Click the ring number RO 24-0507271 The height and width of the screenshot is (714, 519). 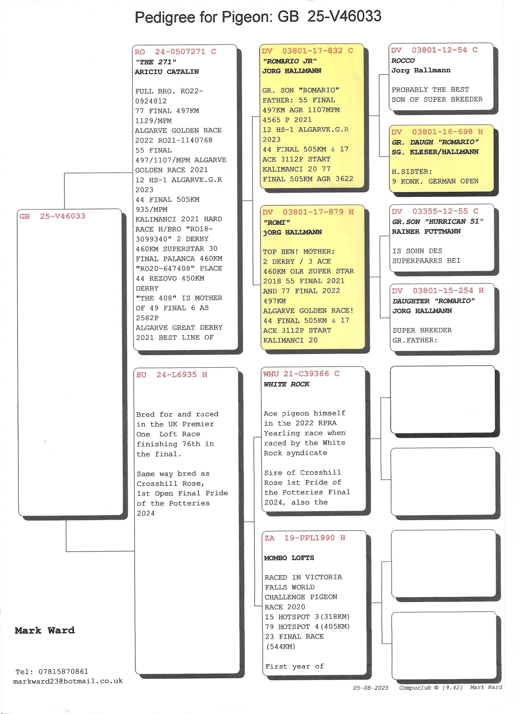coord(175,52)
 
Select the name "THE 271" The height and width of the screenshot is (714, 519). coord(156,62)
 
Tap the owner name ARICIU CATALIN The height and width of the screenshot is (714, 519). coord(167,72)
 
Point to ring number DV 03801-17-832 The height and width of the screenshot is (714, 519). coord(307,51)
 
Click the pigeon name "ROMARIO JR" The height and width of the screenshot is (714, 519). coord(289,61)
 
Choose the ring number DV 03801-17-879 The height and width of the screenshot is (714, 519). coord(308,212)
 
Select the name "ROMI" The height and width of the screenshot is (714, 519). coord(276,222)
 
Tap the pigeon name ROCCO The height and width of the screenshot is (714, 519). coord(403,61)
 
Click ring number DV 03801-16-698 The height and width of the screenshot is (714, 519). coord(437,132)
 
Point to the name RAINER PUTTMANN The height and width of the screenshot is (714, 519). coord(426,231)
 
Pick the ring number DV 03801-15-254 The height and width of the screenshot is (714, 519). coord(438,291)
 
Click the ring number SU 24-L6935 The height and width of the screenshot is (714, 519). coord(172,375)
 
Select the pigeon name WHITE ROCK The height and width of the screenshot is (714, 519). coord(286,384)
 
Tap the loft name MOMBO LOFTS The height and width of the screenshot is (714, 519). coord(289,558)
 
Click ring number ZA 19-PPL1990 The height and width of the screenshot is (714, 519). coord(305,538)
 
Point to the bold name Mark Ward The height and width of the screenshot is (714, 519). coord(45,631)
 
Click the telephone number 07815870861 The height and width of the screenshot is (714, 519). coord(63,672)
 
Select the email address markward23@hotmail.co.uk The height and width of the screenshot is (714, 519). coord(68,681)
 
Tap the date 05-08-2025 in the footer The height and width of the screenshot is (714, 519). coord(371,688)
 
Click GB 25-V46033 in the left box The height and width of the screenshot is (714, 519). coord(53,216)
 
